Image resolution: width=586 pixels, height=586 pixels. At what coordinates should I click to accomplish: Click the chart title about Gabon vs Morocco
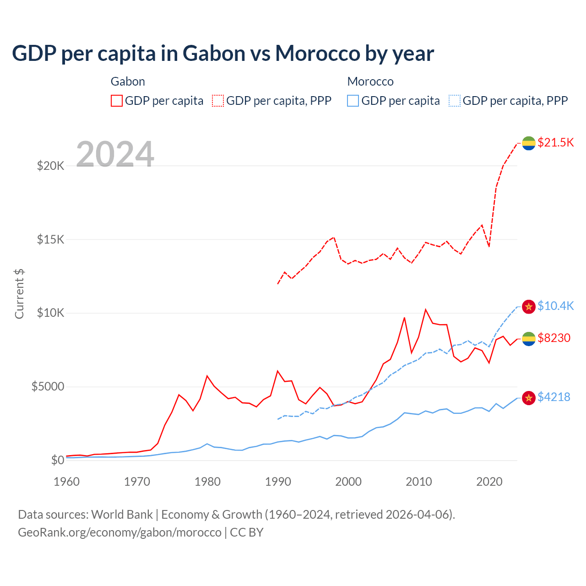(x=223, y=54)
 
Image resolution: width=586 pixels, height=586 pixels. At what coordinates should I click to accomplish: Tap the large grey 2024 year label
(x=115, y=154)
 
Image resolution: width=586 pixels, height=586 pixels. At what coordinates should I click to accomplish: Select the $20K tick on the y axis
(x=50, y=166)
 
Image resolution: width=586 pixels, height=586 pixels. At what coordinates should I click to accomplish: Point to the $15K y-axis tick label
(x=50, y=239)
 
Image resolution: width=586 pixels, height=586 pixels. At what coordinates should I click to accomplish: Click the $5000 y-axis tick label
(x=48, y=387)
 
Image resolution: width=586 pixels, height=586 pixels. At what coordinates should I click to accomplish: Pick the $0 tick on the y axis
(x=57, y=460)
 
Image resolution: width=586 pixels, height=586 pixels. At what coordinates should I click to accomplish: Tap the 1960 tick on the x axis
(x=67, y=482)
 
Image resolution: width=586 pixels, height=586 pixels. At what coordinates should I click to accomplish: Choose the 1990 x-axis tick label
(x=278, y=482)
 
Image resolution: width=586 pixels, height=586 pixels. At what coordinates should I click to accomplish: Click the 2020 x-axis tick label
(x=489, y=482)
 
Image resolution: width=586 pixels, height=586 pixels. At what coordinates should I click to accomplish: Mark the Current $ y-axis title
(x=19, y=293)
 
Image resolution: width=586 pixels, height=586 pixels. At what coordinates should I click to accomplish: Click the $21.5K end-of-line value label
(x=555, y=142)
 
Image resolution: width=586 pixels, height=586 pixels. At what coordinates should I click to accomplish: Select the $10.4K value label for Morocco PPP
(x=555, y=306)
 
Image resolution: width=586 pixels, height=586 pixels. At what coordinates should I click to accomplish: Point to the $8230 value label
(x=554, y=338)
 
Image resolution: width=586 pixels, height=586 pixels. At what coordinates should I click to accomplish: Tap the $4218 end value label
(x=554, y=397)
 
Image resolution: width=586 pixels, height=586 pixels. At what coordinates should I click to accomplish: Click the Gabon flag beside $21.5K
(x=529, y=143)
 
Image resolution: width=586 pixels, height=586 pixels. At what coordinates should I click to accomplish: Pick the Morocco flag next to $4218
(x=529, y=398)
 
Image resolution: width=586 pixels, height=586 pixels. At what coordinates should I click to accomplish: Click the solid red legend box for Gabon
(x=117, y=101)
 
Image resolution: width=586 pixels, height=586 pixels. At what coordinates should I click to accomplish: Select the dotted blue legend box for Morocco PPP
(x=455, y=101)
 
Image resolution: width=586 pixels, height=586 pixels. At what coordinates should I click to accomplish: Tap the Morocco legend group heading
(x=370, y=81)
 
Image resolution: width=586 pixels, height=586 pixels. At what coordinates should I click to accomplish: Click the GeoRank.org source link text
(x=119, y=532)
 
